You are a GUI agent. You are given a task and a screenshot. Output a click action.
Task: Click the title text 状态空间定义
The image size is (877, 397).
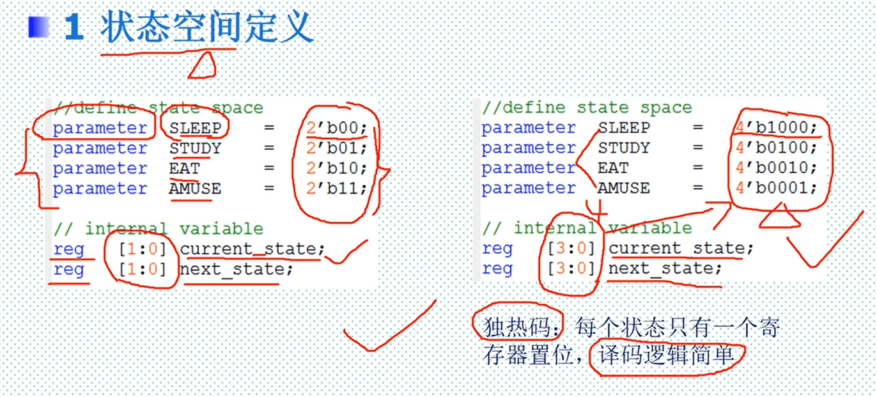206,29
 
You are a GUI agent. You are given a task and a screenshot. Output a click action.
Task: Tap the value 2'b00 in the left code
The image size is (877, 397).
336,128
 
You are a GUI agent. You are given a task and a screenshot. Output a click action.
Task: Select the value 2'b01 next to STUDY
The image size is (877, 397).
336,148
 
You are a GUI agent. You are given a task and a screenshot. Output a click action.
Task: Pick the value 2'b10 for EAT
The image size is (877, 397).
336,168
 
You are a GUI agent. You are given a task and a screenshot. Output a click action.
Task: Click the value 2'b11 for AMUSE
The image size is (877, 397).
336,189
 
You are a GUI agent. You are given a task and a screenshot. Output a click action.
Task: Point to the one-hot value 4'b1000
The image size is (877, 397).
775,127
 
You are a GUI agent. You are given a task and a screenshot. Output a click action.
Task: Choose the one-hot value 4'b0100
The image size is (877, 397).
775,148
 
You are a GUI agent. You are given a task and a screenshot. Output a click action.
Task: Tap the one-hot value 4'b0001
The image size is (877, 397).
775,188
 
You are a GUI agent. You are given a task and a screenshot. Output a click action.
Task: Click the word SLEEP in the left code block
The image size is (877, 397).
195,128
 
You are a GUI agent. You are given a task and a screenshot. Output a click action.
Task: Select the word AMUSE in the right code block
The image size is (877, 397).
624,188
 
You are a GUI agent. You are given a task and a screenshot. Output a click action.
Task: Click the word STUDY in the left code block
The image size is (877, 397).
195,148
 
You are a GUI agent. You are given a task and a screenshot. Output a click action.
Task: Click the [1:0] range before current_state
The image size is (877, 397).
142,249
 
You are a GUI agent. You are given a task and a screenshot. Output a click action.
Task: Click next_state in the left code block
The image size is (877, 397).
235,269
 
